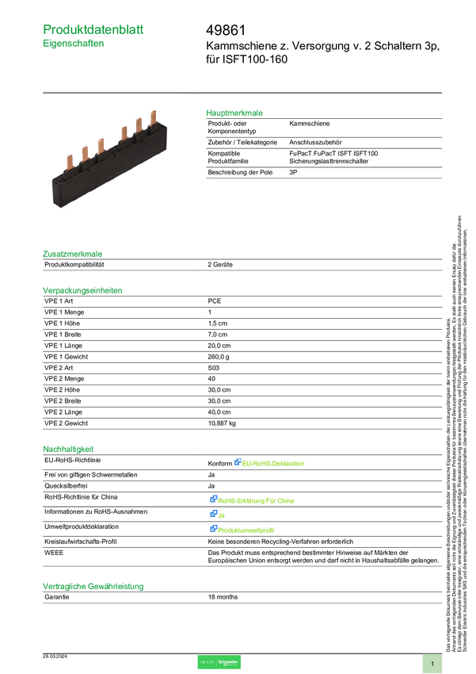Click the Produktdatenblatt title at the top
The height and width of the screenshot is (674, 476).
[x=94, y=29]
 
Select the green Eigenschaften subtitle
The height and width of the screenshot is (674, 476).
[x=74, y=44]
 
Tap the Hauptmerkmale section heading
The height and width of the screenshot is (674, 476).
[x=234, y=113]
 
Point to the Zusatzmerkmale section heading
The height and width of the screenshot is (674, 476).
[x=73, y=254]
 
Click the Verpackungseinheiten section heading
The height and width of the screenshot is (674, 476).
[x=82, y=290]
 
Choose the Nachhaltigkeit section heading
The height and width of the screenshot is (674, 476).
[x=68, y=449]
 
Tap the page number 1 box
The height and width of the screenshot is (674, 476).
[x=432, y=663]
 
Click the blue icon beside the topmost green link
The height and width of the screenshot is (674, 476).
[x=237, y=461]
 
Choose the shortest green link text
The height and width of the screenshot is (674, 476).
[x=219, y=515]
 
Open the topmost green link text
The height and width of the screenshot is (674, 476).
[x=274, y=463]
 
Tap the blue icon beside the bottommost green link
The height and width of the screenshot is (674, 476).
[x=213, y=528]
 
